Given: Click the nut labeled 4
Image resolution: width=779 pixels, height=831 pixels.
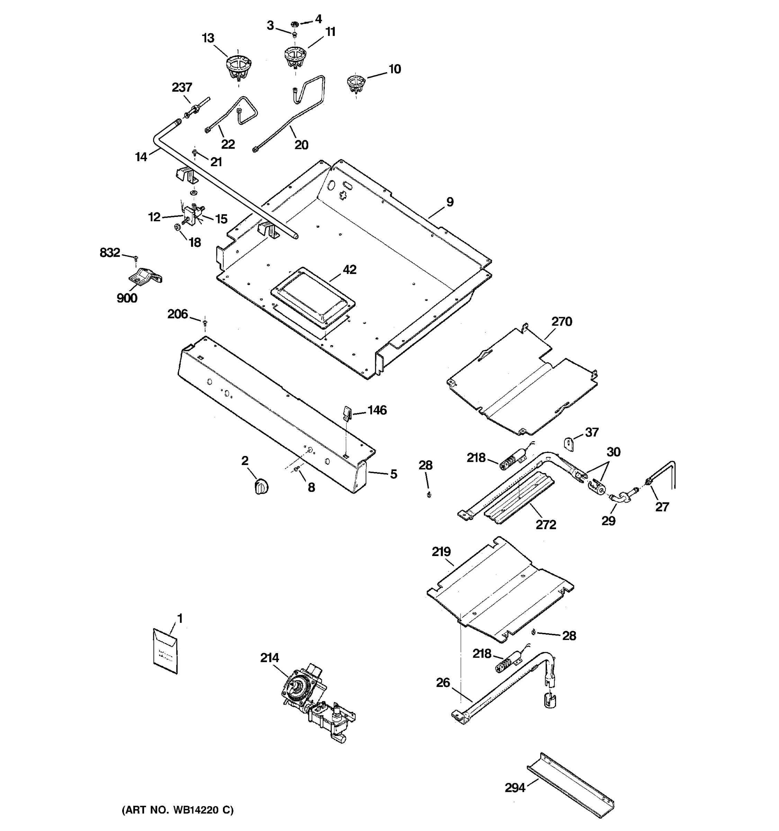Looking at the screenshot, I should pos(294,24).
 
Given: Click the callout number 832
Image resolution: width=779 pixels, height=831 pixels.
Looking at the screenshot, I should pos(109,252).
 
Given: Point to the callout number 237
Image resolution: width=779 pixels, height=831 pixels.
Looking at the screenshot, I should pos(182,87).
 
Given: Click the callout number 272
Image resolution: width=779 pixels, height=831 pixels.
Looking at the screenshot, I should pos(545,525).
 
